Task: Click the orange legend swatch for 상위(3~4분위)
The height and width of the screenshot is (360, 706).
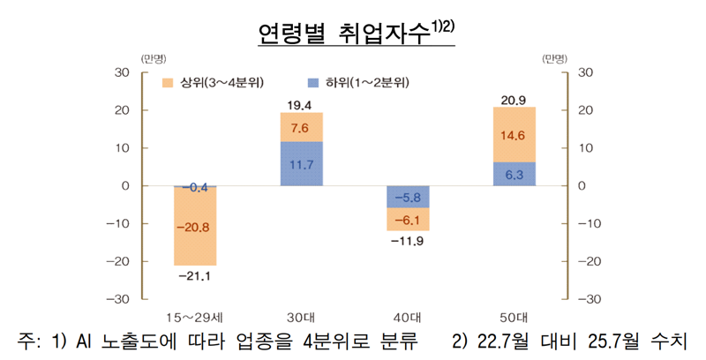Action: pos(167,83)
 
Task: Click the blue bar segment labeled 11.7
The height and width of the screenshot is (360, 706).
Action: pos(301,164)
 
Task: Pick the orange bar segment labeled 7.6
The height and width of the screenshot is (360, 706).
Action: pos(301,127)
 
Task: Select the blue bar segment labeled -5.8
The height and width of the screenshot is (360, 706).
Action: pos(408,197)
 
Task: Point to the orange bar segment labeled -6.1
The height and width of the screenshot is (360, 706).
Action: pos(408,220)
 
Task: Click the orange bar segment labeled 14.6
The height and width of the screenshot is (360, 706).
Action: pos(514,135)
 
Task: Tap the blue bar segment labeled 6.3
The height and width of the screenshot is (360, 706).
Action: pos(514,175)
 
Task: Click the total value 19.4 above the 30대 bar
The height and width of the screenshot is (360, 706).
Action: pos(301,105)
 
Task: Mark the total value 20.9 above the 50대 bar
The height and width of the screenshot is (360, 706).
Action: pos(514,99)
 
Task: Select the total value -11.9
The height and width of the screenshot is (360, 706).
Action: pos(408,242)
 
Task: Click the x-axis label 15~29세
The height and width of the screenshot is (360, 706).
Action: pos(195,316)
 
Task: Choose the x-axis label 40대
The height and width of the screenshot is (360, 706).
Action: pos(408,316)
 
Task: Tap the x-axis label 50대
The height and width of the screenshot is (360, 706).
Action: pos(514,316)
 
